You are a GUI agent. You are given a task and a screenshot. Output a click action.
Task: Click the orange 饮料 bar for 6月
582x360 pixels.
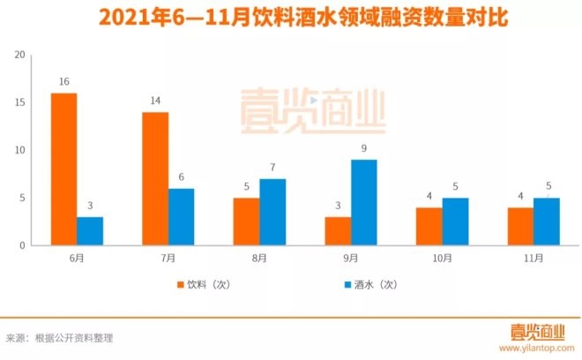pyautogui.click(x=63, y=169)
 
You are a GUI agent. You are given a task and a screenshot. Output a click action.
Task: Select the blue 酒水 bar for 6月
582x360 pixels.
pyautogui.click(x=90, y=231)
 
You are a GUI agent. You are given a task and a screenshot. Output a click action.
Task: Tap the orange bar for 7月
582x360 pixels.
pyautogui.click(x=155, y=178)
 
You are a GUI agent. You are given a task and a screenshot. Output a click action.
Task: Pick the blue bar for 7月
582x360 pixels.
pyautogui.click(x=182, y=217)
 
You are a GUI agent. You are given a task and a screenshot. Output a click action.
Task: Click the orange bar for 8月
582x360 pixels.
pyautogui.click(x=247, y=221)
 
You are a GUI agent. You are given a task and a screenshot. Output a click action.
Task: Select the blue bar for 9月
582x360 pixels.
pyautogui.click(x=364, y=202)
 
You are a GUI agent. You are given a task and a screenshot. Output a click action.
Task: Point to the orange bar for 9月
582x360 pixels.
pyautogui.click(x=338, y=231)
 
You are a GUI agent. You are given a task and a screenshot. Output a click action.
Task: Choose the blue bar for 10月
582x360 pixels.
pyautogui.click(x=456, y=221)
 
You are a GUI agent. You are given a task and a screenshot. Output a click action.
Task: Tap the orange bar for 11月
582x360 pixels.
pyautogui.click(x=520, y=226)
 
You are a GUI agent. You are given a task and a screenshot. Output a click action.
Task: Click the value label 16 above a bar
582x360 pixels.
pyautogui.click(x=63, y=82)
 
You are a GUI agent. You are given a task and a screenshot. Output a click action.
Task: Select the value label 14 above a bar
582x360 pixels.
pyautogui.click(x=155, y=101)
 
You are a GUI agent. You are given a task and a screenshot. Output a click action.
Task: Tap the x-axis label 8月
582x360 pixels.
pyautogui.click(x=259, y=259)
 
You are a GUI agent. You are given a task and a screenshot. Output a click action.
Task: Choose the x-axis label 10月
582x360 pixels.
pyautogui.click(x=442, y=259)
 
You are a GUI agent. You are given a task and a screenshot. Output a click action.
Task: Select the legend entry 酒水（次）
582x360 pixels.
pyautogui.click(x=369, y=285)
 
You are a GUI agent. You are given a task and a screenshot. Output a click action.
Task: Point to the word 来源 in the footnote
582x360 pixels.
pyautogui.click(x=15, y=337)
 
